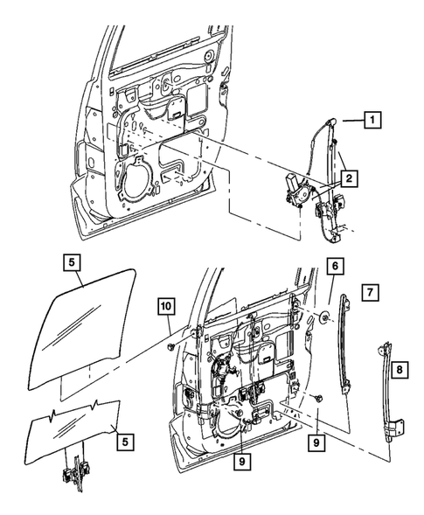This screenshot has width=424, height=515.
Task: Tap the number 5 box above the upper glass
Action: (71, 260)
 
